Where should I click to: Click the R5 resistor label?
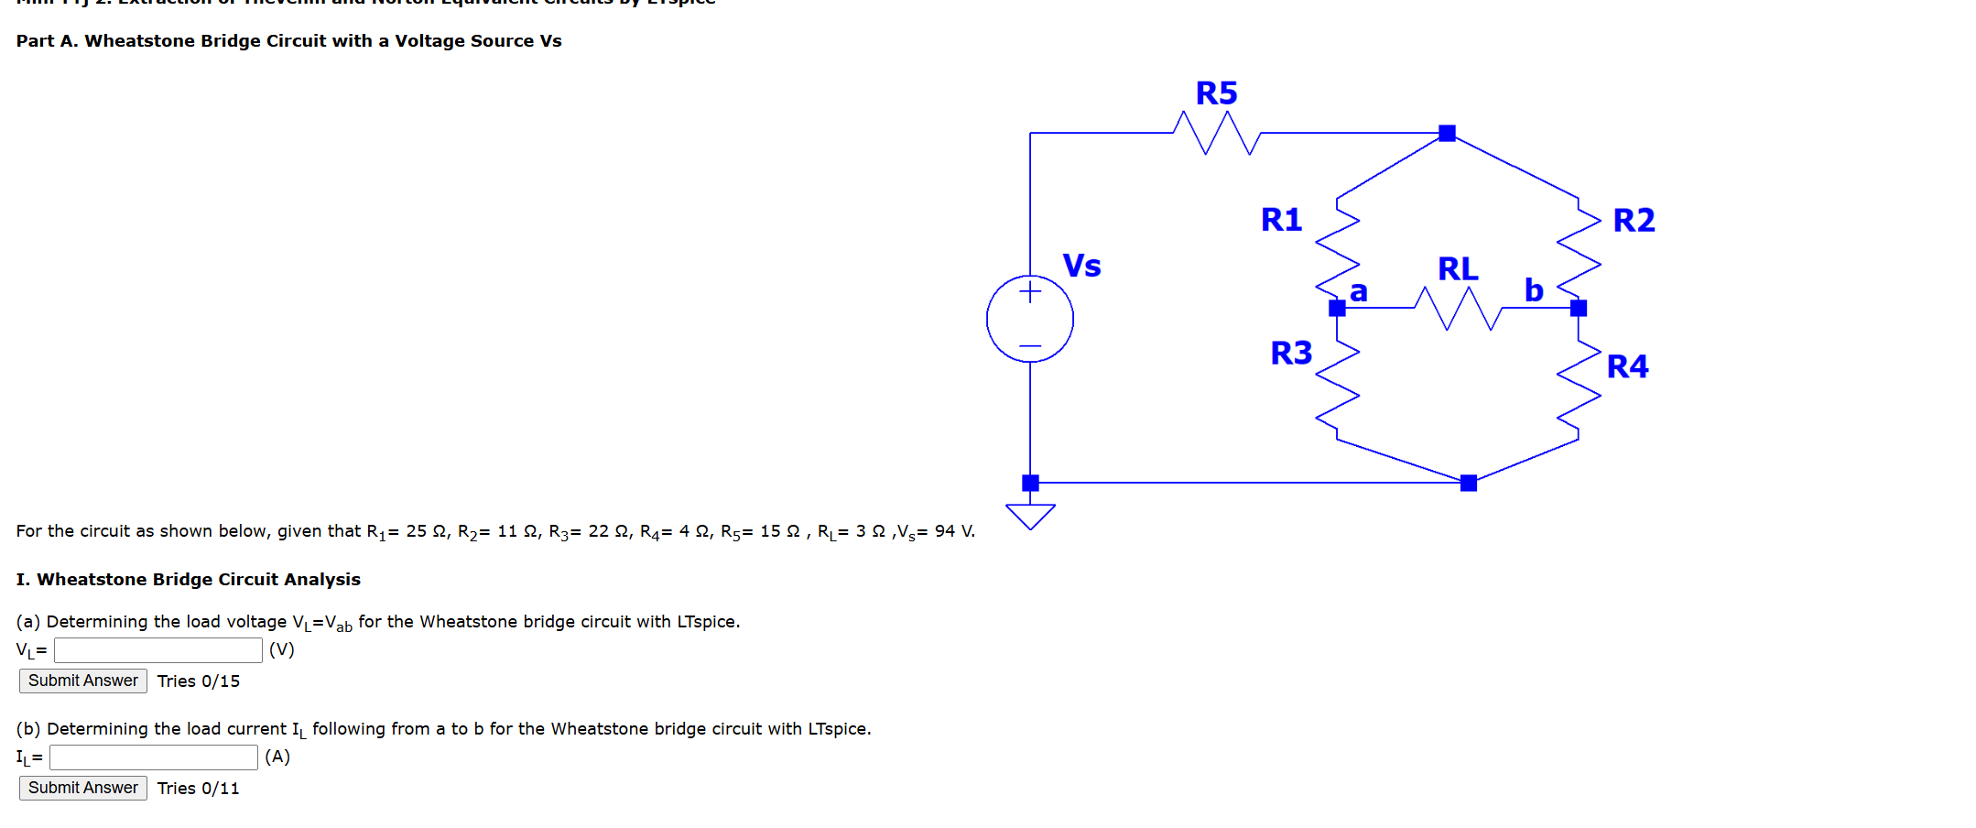click(1216, 93)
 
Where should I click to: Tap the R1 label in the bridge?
click(1281, 220)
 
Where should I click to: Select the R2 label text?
click(1634, 221)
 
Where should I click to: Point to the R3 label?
click(1291, 354)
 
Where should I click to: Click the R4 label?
click(1627, 367)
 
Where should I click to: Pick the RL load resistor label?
click(1458, 269)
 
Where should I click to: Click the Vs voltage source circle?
click(1030, 319)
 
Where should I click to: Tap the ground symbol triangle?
click(1030, 516)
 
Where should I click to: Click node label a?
click(1359, 292)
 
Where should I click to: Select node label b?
click(1534, 290)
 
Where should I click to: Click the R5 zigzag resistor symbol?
click(1217, 134)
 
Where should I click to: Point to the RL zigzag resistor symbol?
click(1458, 309)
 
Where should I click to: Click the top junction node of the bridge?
click(1447, 134)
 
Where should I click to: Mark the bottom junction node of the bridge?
click(1469, 483)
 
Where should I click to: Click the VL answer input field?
click(158, 650)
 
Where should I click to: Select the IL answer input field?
click(154, 757)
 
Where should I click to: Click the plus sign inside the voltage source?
click(1030, 292)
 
